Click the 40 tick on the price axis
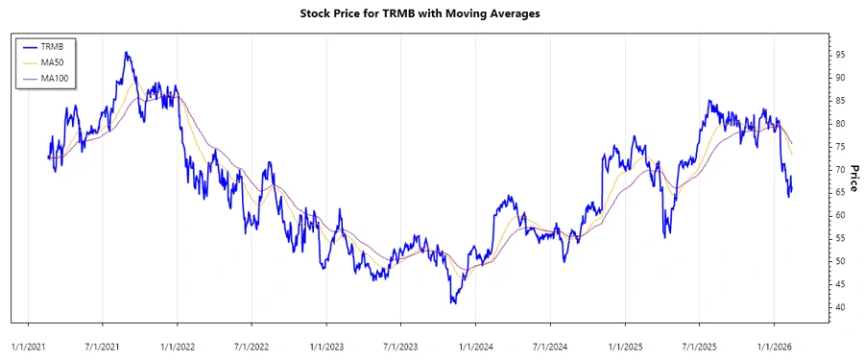(x=839, y=307)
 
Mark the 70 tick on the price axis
(x=839, y=169)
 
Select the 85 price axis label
(x=839, y=100)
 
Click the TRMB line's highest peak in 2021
(x=127, y=53)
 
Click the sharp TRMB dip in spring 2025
(x=665, y=234)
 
